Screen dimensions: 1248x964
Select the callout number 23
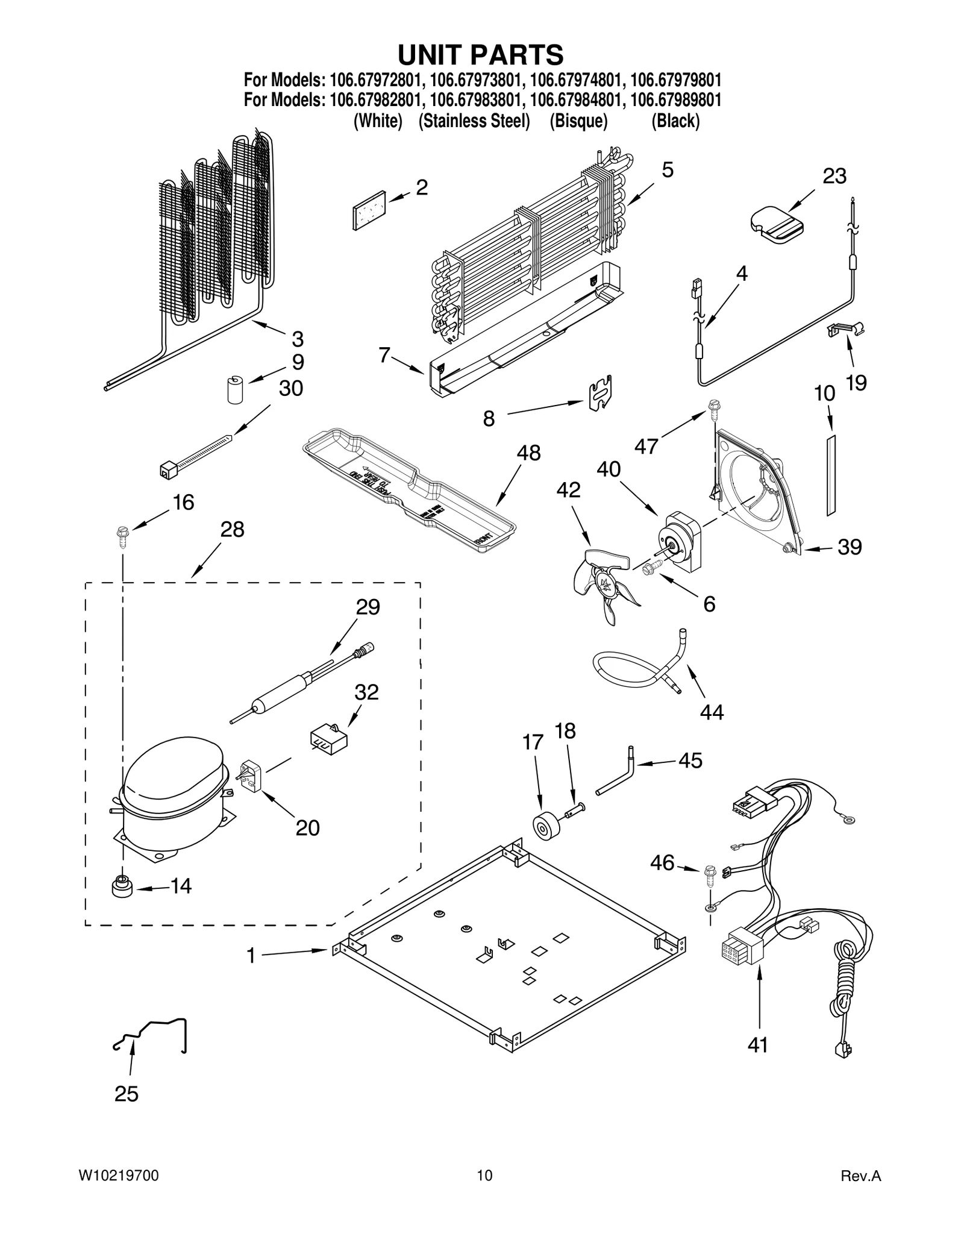(834, 176)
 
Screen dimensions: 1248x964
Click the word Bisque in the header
(578, 121)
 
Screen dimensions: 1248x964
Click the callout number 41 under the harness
(757, 1044)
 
